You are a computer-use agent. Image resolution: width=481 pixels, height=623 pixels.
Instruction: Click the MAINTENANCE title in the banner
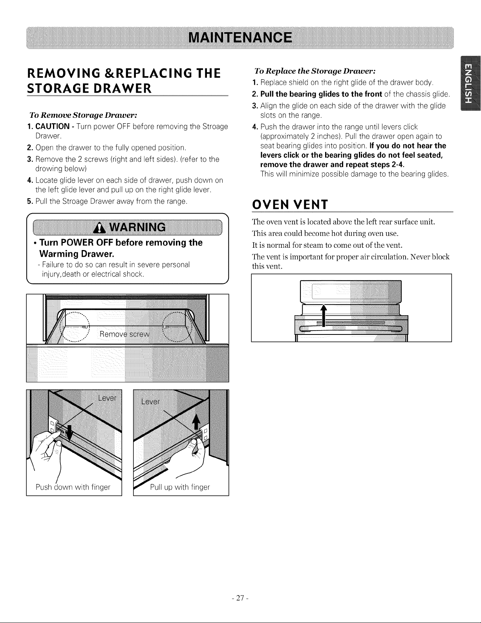coord(240,38)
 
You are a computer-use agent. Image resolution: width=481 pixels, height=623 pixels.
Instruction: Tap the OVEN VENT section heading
coord(290,205)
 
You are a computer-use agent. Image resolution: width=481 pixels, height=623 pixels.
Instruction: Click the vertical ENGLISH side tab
coord(470,84)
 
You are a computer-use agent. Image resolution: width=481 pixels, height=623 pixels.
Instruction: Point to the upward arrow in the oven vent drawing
coord(324,315)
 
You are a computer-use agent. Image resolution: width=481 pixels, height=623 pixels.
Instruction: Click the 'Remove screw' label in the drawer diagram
coord(124,334)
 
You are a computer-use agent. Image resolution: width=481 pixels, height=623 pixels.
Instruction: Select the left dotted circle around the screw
coord(75,327)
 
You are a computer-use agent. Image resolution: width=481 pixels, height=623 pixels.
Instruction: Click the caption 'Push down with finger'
coord(73,487)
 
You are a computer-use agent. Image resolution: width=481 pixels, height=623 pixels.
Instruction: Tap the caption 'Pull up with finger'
coord(180,487)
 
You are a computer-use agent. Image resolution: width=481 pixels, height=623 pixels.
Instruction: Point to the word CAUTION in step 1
coord(53,126)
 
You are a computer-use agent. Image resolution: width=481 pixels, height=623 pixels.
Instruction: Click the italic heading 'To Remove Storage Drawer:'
coord(83,115)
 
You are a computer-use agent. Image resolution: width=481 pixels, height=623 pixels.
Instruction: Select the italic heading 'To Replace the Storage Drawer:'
coord(315,71)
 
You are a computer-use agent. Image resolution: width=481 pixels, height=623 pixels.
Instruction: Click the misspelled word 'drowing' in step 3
coord(47,169)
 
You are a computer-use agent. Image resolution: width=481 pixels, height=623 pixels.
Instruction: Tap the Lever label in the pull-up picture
coord(150,402)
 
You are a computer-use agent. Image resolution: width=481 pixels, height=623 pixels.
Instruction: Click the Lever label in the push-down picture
coord(107,398)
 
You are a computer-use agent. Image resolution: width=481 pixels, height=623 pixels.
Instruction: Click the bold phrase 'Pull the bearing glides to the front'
coord(321,94)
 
